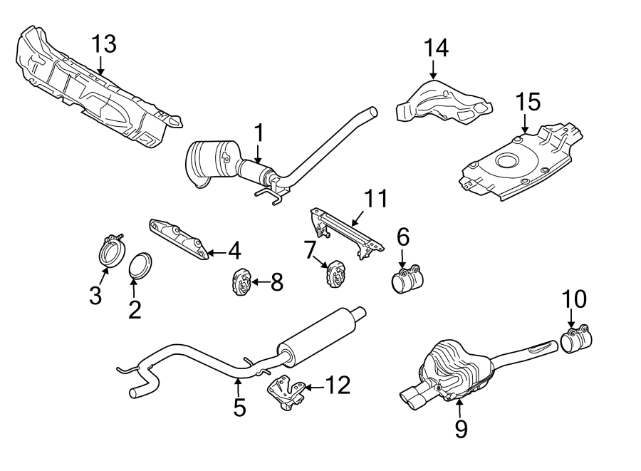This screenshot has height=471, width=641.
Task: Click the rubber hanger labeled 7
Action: point(333,274)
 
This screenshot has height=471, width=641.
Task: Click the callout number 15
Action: point(528,102)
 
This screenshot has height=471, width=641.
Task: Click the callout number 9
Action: point(462,428)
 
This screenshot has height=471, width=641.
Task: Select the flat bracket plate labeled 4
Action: point(179,239)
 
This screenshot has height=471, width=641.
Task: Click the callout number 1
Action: point(259,133)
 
